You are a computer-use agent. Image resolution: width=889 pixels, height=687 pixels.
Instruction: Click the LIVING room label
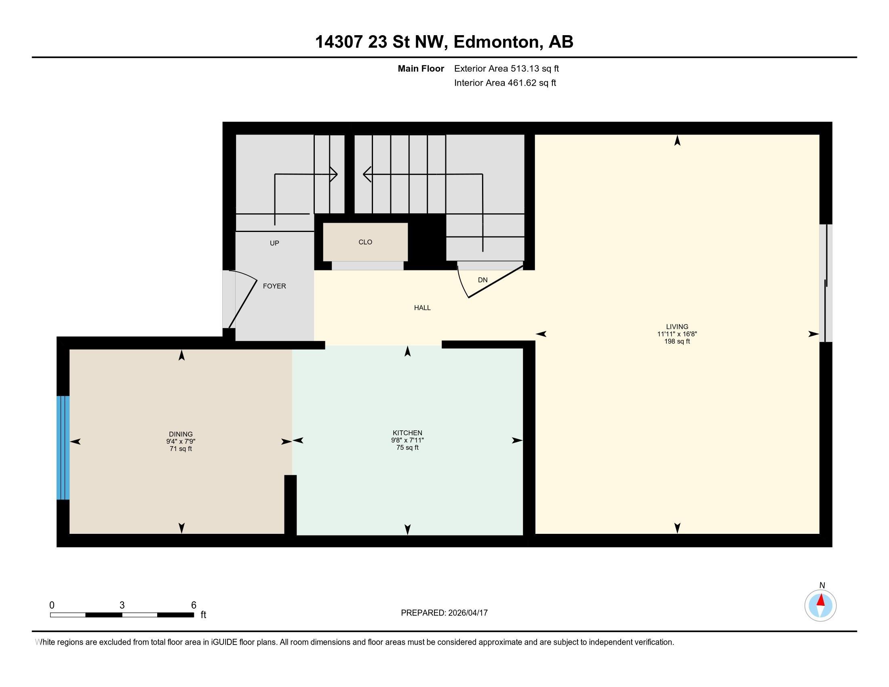[x=677, y=327]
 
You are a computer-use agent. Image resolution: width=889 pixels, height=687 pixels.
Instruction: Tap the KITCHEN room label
[x=407, y=433]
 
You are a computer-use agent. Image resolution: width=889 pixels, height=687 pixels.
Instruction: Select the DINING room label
[x=181, y=434]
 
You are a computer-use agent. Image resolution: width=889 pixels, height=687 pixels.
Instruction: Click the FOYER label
[x=274, y=286]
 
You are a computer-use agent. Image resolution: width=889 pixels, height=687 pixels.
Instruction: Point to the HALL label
[x=422, y=308]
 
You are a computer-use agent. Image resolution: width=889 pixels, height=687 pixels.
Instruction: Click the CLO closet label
[x=365, y=242]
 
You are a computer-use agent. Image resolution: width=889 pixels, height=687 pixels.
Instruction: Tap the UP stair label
[x=274, y=243]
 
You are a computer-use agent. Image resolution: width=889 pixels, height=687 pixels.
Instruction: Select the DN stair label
[x=482, y=280]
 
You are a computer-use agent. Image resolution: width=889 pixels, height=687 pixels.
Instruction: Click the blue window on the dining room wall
[x=63, y=447]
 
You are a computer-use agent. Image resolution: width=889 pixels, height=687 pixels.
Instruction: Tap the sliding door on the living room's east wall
[x=826, y=283]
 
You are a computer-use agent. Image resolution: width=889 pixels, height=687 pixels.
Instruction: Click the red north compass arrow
[x=821, y=600]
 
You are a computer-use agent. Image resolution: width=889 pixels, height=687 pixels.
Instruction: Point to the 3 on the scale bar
[x=122, y=605]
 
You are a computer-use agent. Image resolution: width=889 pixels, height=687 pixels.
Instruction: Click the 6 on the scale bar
[x=194, y=605]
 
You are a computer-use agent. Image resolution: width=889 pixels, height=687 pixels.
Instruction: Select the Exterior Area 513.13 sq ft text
[x=506, y=68]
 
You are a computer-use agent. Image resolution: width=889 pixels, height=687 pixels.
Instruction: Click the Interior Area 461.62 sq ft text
[x=505, y=83]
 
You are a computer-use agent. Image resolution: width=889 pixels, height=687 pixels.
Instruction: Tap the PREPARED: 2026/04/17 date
[x=444, y=613]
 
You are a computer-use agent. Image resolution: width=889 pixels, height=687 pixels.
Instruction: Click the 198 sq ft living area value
[x=677, y=341]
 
